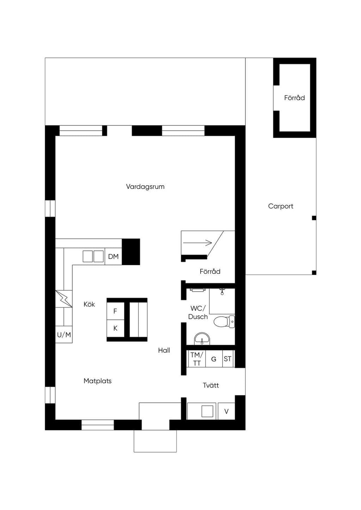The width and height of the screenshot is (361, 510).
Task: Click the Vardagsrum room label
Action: (x=145, y=187)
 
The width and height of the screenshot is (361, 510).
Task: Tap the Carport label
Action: (x=281, y=206)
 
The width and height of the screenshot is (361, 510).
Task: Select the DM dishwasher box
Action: (x=113, y=256)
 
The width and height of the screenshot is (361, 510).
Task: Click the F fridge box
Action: (x=116, y=311)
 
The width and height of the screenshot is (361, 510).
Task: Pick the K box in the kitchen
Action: (x=116, y=328)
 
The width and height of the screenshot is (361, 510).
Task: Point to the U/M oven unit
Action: (x=64, y=335)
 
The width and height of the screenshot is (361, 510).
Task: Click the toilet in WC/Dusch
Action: (x=224, y=322)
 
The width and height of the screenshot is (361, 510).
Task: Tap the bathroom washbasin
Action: (x=202, y=339)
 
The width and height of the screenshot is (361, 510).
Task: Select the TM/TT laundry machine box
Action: (x=197, y=359)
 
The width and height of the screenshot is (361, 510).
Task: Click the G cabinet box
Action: (x=214, y=359)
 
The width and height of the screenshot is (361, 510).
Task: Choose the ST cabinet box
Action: (x=228, y=359)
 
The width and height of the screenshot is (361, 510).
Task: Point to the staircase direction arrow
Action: (x=197, y=243)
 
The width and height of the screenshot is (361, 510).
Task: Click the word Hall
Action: (x=164, y=350)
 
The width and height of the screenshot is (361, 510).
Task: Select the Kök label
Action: (x=89, y=304)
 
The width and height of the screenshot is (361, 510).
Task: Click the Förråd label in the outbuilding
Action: (x=294, y=98)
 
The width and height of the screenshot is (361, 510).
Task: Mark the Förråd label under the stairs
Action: (x=210, y=272)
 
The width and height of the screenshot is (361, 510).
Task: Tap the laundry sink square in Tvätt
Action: (x=207, y=411)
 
